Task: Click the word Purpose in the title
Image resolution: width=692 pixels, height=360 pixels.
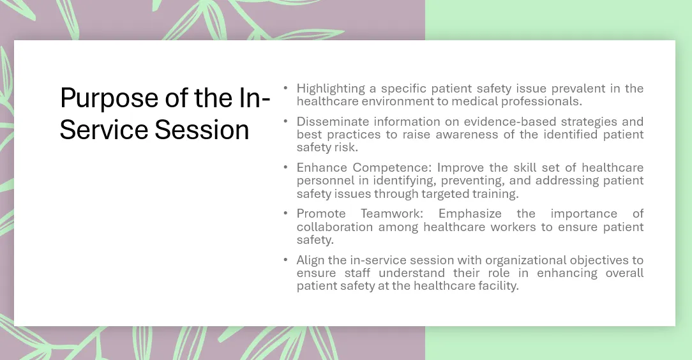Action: [x=110, y=99]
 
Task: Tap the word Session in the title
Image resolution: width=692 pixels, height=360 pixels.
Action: [x=202, y=130]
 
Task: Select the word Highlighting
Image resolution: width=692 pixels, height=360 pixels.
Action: [x=331, y=89]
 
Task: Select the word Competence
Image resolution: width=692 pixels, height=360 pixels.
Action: [x=391, y=168]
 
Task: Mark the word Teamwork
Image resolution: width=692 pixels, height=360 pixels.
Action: [x=392, y=214]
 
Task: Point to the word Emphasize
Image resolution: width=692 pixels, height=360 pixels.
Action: [x=470, y=214]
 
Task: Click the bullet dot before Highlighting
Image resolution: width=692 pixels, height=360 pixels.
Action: [x=285, y=88]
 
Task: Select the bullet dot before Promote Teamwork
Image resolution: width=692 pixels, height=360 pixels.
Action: [x=285, y=213]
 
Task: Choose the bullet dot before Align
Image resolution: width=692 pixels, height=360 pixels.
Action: [x=285, y=259]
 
